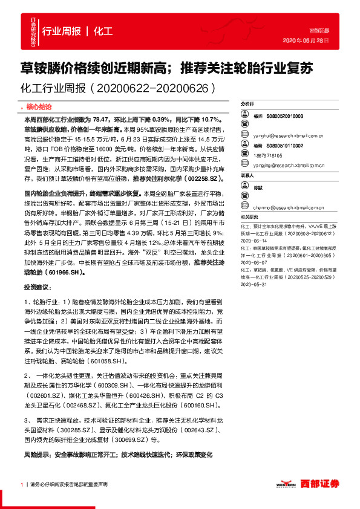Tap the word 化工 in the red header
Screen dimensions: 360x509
pos(103,31)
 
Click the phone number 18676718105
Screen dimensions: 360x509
pos(267,155)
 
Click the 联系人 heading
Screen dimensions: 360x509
pos(247,175)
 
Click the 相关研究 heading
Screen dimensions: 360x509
pos(248,216)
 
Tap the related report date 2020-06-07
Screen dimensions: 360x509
pos(254,263)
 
